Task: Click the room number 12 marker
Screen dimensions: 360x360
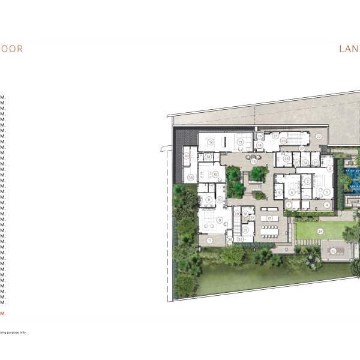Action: click(x=211, y=142)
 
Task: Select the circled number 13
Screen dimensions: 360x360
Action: click(x=239, y=142)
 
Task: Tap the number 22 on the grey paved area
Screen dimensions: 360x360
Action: click(x=319, y=137)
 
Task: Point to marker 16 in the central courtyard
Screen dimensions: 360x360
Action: click(x=254, y=161)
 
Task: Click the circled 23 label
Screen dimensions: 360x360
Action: click(x=286, y=159)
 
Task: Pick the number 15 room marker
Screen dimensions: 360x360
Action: click(x=215, y=174)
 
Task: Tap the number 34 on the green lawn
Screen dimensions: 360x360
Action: click(x=320, y=231)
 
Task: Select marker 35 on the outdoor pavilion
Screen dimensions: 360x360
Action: click(x=333, y=251)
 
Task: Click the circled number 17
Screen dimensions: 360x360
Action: click(x=270, y=218)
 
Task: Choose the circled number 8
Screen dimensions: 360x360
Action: click(x=220, y=220)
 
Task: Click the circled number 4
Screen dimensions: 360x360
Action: click(x=326, y=205)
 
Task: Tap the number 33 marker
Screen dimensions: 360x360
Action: click(x=187, y=156)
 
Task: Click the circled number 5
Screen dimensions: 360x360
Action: click(x=292, y=192)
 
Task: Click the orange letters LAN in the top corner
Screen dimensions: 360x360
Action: click(x=349, y=49)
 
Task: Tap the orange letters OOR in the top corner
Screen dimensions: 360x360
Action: click(x=11, y=49)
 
